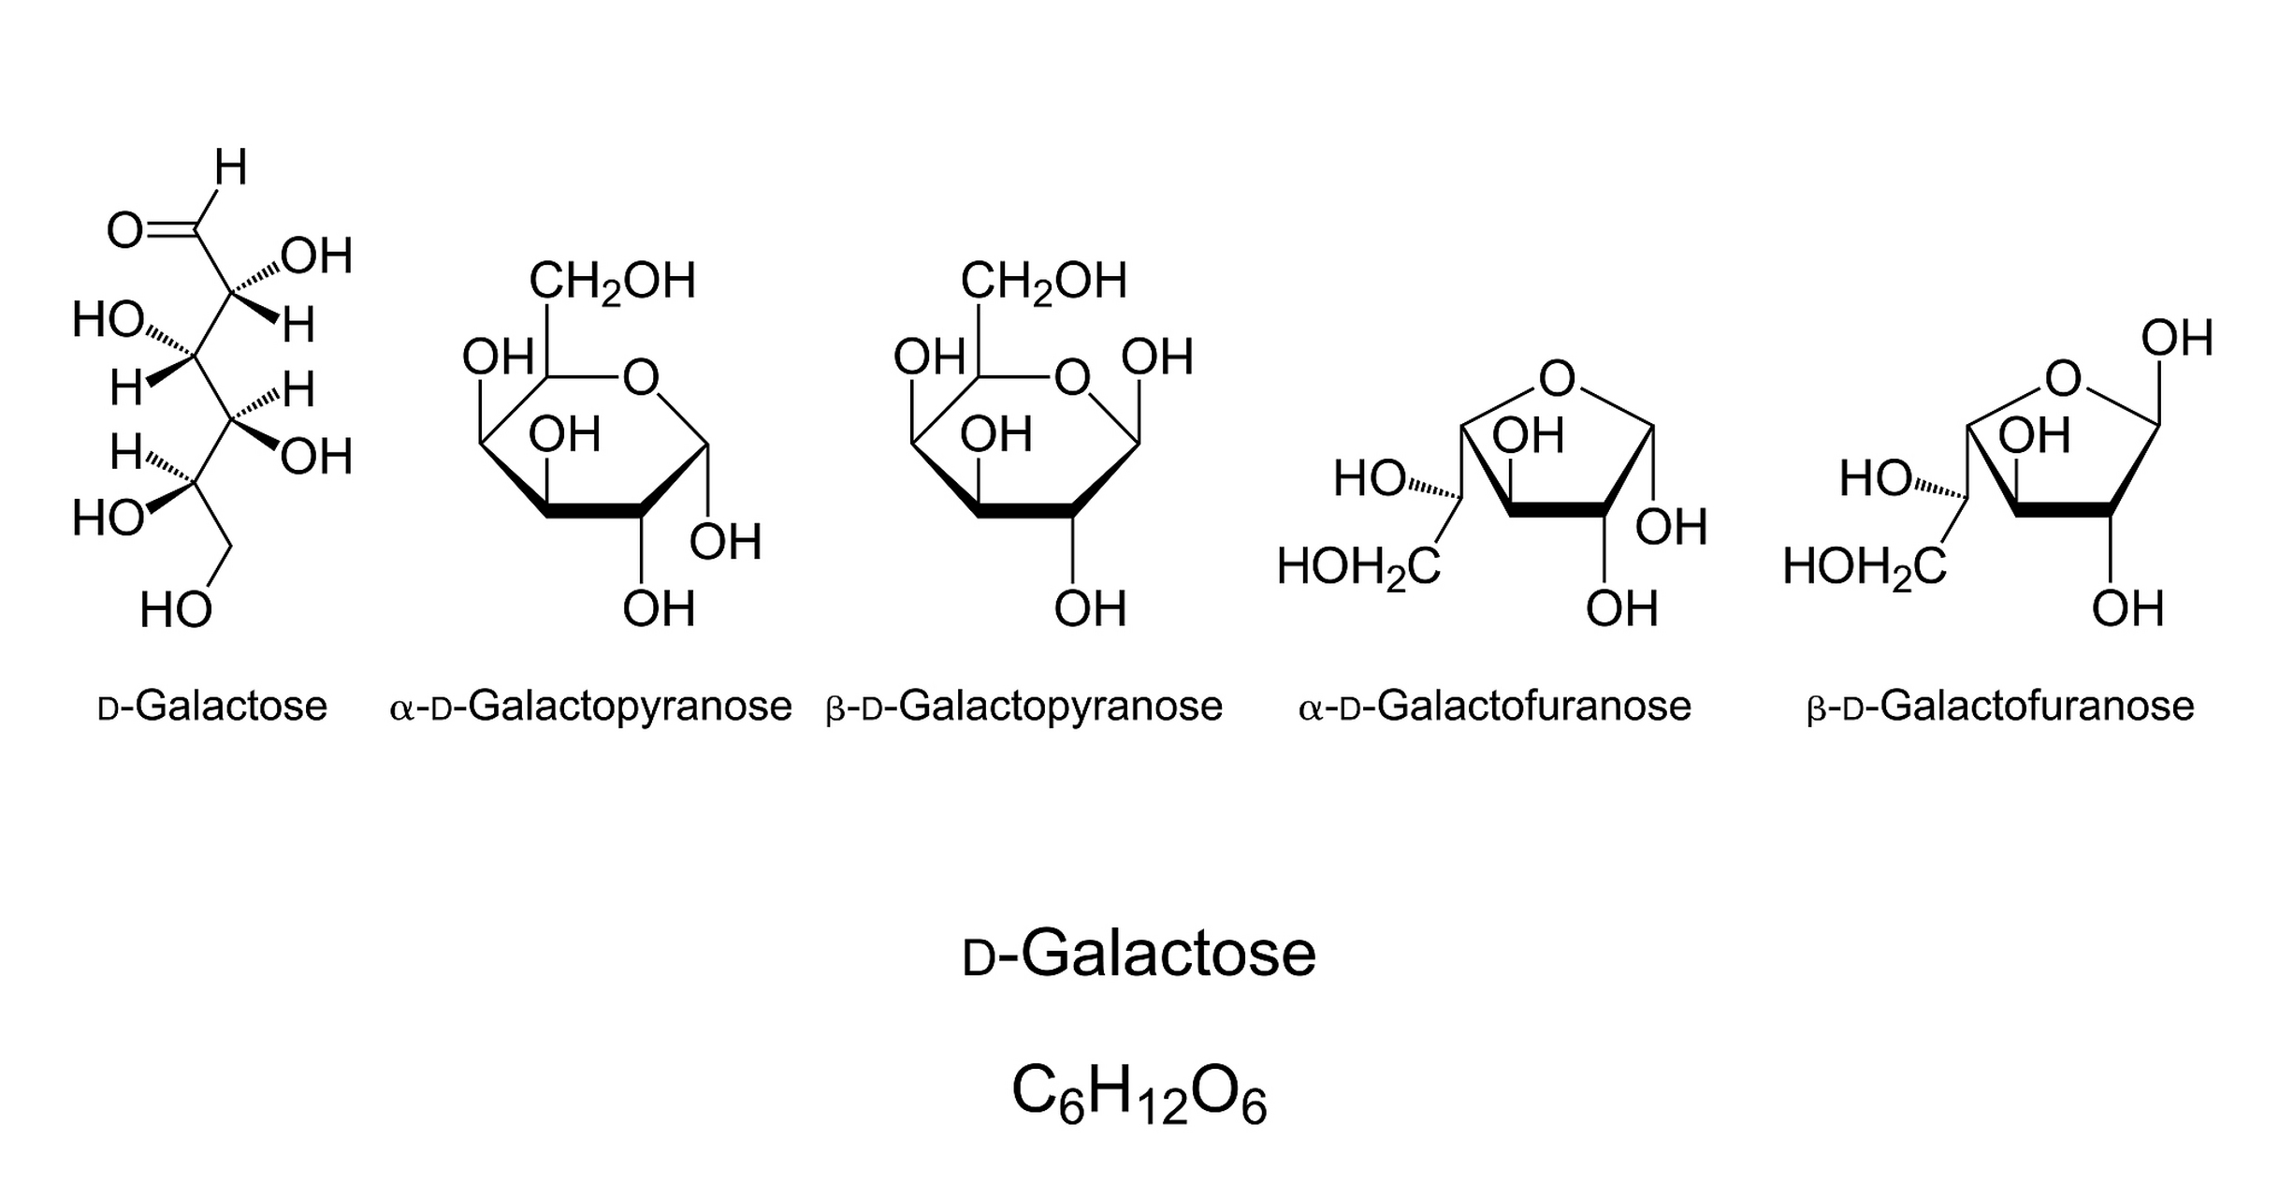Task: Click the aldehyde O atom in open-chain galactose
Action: point(124,230)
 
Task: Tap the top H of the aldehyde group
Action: point(230,168)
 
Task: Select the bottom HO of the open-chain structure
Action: point(176,610)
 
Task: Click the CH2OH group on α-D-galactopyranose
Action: point(612,281)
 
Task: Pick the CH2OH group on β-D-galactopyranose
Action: point(1043,281)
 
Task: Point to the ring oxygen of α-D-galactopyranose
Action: point(641,378)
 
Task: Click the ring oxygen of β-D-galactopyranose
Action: point(1072,378)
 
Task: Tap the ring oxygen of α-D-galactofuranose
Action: point(1557,379)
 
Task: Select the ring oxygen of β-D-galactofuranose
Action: point(2063,379)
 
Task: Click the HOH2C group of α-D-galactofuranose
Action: point(1358,567)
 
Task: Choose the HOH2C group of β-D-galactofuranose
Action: point(1865,567)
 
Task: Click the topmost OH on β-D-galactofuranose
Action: point(2177,339)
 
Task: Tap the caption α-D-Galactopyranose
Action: point(590,707)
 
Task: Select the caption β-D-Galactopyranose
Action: point(1024,707)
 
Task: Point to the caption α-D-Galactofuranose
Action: point(1495,707)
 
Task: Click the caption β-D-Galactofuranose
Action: point(2000,707)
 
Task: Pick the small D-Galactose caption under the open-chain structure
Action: point(212,707)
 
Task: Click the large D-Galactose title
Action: point(1139,955)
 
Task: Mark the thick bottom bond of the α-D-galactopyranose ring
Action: point(594,511)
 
